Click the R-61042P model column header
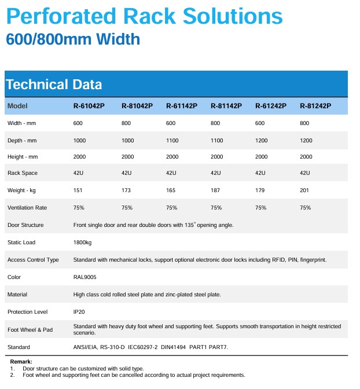pos(89,106)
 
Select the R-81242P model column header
pos(315,106)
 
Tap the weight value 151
pos(78,190)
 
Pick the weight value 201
pos(305,190)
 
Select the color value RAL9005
pos(85,277)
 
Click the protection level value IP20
pos(79,312)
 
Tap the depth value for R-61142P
pos(172,141)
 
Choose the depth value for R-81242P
pos(306,141)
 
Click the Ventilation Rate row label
pos(27,208)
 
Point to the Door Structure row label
pos(25,225)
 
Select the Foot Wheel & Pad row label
pos(30,329)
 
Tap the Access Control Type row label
pos(33,260)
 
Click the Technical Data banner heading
pos(54,85)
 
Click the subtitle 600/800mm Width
pos(73,39)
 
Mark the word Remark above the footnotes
pos(21,362)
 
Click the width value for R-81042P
pos(127,123)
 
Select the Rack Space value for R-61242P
pos(260,173)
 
